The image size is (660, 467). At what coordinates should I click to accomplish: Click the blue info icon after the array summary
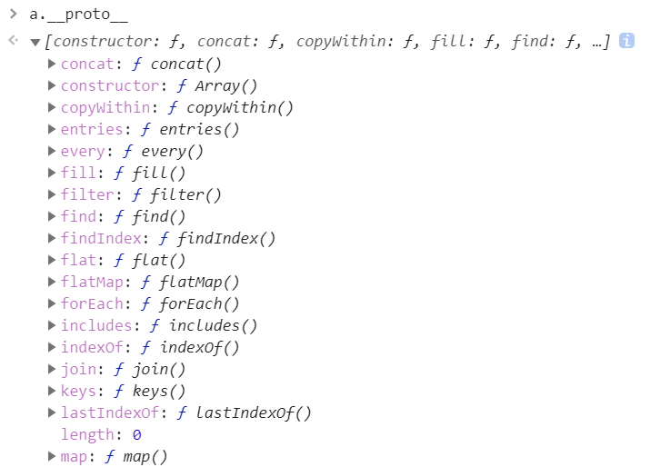coord(626,41)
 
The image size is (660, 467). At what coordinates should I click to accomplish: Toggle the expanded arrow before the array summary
coord(35,42)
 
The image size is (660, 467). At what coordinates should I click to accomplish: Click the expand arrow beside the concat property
coord(52,64)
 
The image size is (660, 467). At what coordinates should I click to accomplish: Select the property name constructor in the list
coord(109,85)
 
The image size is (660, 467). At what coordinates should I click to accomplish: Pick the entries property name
coord(91,129)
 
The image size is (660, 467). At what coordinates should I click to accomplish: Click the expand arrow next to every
coord(52,151)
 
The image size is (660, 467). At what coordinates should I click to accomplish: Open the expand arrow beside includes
coord(52,325)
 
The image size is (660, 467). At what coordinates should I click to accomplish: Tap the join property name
coord(78,369)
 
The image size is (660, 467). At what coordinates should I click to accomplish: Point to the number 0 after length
coord(136,434)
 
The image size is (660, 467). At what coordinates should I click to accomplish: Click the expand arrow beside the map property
coord(52,456)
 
